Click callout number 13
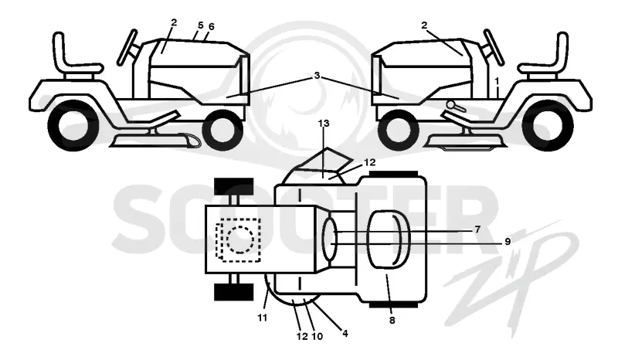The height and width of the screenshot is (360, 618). [323, 124]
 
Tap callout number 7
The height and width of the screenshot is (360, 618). [477, 229]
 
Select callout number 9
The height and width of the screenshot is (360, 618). [508, 241]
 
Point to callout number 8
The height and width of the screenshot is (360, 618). [392, 321]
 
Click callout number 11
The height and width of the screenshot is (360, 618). [263, 318]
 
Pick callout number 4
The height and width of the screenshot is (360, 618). [345, 333]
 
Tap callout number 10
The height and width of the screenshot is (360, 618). [317, 336]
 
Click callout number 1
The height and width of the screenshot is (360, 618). [497, 81]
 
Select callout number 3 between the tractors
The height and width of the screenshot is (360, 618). [317, 75]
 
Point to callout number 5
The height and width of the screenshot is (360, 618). [201, 25]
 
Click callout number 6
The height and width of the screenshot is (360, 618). [211, 26]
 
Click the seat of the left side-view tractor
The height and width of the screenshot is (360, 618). [75, 59]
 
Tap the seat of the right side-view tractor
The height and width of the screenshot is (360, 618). [546, 59]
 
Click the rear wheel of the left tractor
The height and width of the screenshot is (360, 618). [73, 126]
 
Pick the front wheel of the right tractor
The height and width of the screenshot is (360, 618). [398, 130]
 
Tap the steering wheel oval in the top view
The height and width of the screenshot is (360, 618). [330, 239]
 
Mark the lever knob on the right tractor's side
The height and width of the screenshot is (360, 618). [451, 104]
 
